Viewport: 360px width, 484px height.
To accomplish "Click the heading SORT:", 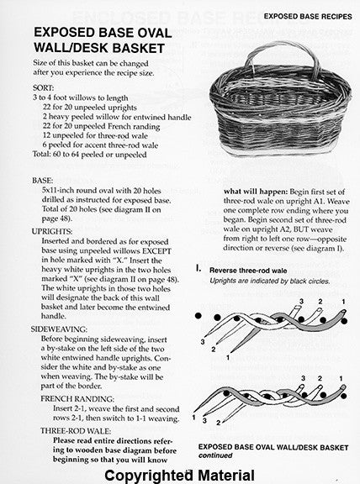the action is [x=43, y=88].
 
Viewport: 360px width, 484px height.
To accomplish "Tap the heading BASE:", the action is [x=43, y=181].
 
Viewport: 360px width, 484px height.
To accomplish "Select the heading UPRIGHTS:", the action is [x=52, y=232].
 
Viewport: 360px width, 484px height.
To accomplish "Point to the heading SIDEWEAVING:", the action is [x=59, y=329].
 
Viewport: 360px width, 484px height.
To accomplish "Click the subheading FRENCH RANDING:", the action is [x=77, y=399].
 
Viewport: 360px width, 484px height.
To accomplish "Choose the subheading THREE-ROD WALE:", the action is [x=76, y=431].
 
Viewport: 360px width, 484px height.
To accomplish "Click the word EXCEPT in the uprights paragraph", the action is [x=156, y=251].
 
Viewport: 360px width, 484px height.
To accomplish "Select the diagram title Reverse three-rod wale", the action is [x=248, y=271].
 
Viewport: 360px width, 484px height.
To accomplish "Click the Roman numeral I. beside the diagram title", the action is [x=199, y=269].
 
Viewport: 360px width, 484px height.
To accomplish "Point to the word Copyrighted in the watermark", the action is [x=149, y=476].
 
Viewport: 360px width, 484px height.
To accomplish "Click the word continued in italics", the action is [x=215, y=455].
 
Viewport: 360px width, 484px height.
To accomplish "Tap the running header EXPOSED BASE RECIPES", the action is [x=308, y=16].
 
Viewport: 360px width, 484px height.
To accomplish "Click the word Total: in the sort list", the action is [x=42, y=155].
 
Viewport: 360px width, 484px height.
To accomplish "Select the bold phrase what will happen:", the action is [x=256, y=192].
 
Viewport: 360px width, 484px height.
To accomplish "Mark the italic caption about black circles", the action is [x=270, y=281].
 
